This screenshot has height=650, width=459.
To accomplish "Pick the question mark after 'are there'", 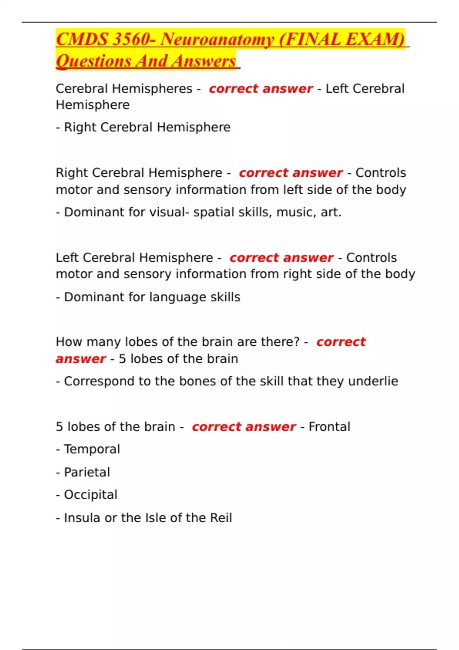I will click(296, 342).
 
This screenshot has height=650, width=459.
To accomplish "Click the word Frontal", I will click(329, 427).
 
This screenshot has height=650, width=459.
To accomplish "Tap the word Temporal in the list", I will click(92, 449).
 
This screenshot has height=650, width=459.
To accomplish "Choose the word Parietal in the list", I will click(87, 472).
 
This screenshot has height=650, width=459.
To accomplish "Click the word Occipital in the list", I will click(90, 495).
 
